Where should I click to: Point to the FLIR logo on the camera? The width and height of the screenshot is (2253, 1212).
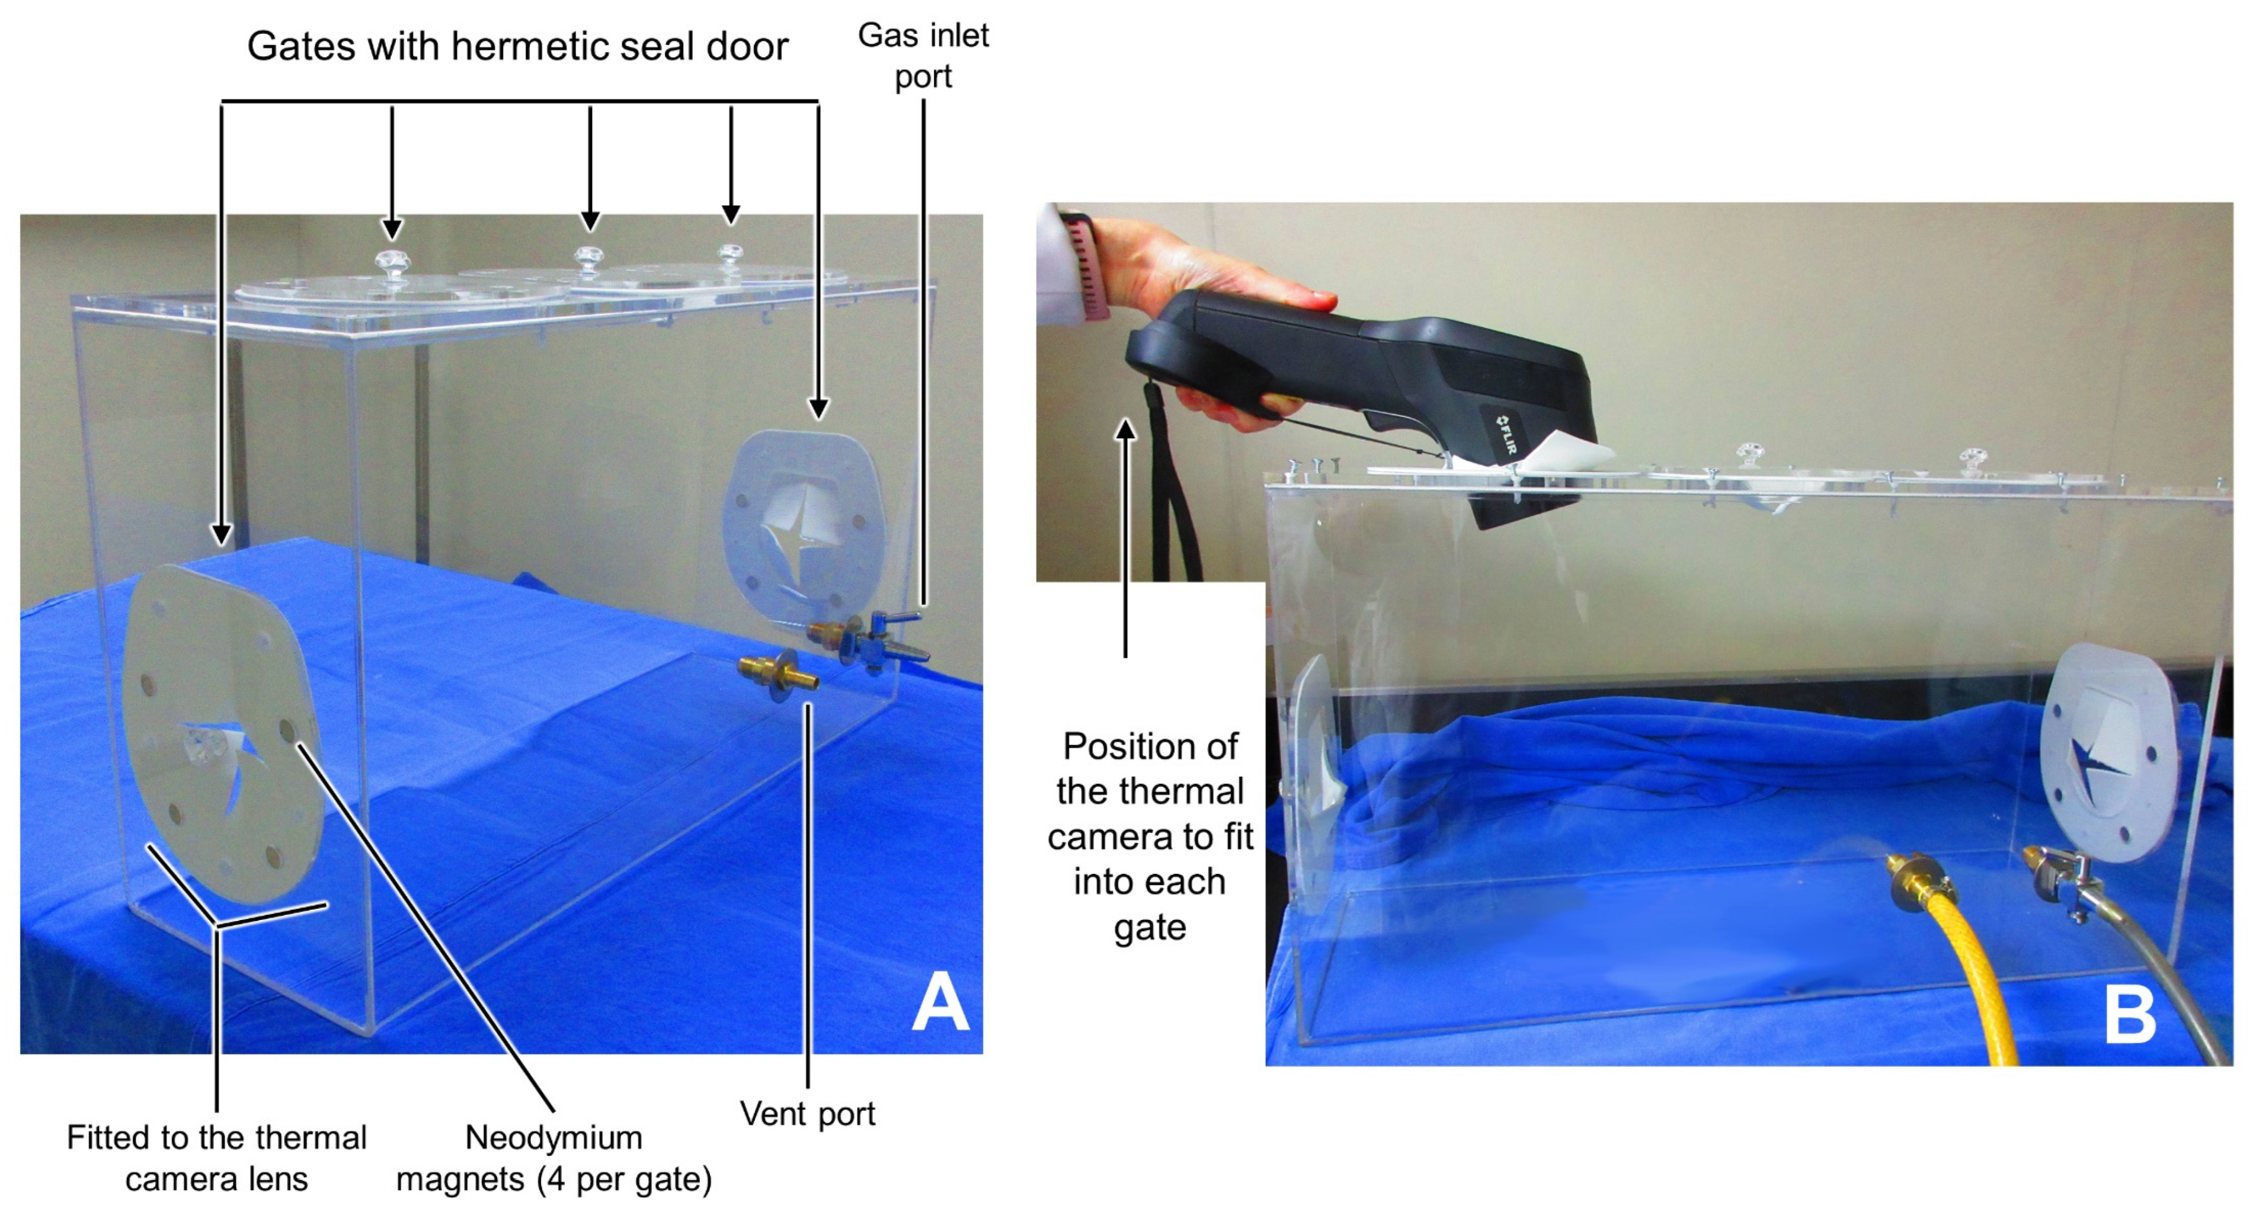[1505, 435]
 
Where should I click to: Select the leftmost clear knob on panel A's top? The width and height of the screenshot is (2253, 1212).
[392, 264]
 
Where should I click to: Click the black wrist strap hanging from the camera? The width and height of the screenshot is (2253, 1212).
[1172, 490]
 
